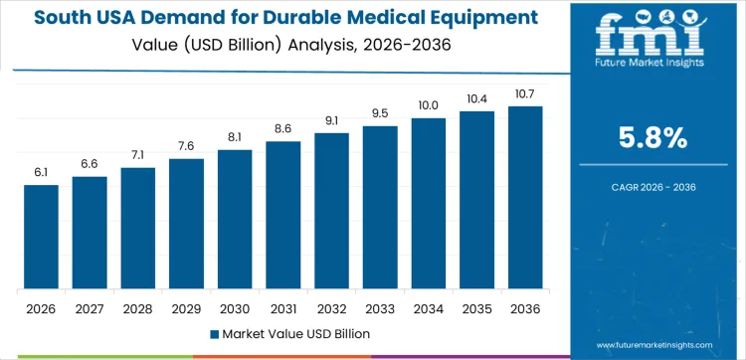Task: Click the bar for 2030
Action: click(x=235, y=220)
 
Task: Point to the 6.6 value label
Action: click(x=90, y=163)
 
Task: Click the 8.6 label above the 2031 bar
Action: click(x=282, y=128)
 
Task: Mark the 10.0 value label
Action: click(x=428, y=105)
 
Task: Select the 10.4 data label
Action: click(x=476, y=98)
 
